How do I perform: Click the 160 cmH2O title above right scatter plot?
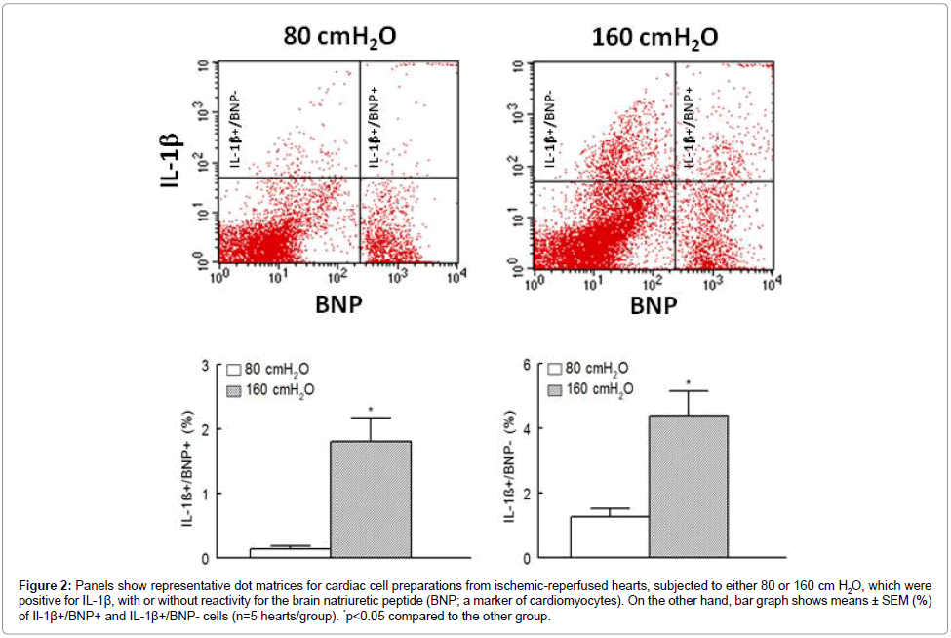pyautogui.click(x=654, y=37)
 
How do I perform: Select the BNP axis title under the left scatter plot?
pyautogui.click(x=337, y=306)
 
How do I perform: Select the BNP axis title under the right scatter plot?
pyautogui.click(x=653, y=306)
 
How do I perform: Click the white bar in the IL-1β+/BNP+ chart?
pyautogui.click(x=290, y=552)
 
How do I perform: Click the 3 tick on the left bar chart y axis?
pyautogui.click(x=205, y=365)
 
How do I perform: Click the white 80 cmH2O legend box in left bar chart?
pyautogui.click(x=234, y=371)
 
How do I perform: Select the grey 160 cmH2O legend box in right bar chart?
pyautogui.click(x=554, y=389)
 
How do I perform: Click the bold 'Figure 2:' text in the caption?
pyautogui.click(x=50, y=585)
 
